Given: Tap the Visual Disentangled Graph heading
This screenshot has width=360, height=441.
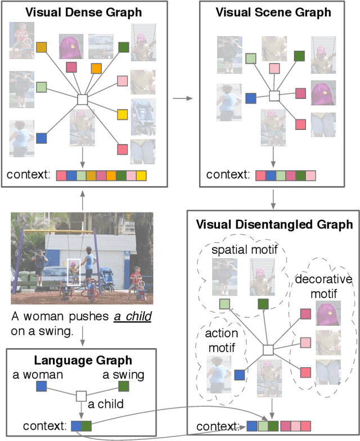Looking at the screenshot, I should click(x=274, y=224).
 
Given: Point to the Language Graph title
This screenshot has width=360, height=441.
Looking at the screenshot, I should click(x=83, y=361).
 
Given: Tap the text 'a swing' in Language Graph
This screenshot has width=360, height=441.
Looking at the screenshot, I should click(x=123, y=374).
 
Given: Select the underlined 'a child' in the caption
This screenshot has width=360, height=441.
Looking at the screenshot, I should click(x=133, y=317).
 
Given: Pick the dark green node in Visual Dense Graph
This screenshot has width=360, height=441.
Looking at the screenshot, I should click(x=124, y=47).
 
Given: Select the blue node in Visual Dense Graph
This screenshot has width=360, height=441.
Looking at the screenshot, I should click(x=41, y=137).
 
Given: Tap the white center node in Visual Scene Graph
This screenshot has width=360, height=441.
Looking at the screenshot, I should click(x=274, y=96).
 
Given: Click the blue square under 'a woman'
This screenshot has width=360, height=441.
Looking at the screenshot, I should click(x=41, y=386).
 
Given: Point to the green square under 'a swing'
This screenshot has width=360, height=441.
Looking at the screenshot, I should click(x=124, y=386).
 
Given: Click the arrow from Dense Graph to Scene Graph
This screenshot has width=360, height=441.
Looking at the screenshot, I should click(x=182, y=98).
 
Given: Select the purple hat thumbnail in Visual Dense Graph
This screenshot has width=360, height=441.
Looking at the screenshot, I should click(x=71, y=47).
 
